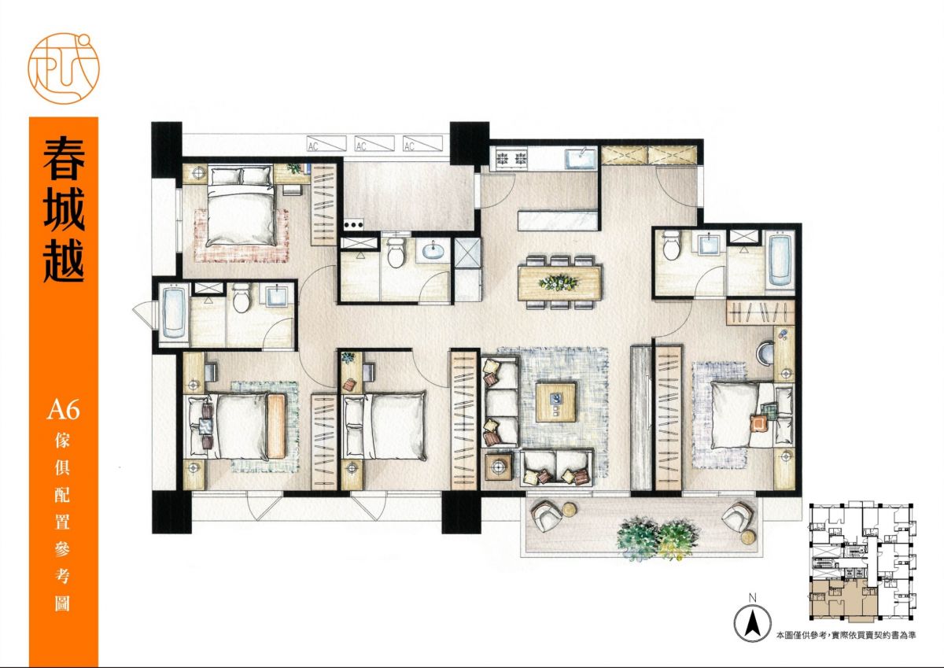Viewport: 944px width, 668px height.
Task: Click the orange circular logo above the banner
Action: click(x=64, y=68)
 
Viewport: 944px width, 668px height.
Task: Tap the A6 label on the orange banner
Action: click(x=63, y=409)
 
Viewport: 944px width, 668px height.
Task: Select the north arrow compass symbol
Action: click(x=752, y=624)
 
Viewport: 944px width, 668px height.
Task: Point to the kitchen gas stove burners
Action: click(x=511, y=158)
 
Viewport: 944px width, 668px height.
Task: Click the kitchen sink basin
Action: click(x=580, y=158)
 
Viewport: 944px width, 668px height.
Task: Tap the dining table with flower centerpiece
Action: click(x=560, y=282)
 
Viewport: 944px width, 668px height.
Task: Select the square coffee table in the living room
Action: click(x=556, y=402)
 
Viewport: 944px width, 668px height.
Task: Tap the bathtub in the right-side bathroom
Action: click(x=780, y=260)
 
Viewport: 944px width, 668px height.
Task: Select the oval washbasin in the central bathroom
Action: click(x=433, y=251)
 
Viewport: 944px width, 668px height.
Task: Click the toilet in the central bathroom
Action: click(x=396, y=252)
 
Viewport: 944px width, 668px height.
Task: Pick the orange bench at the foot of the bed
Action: click(x=276, y=426)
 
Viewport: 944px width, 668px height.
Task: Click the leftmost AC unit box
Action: click(x=326, y=143)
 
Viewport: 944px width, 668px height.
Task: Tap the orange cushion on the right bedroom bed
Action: click(x=759, y=423)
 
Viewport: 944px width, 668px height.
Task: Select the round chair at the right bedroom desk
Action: click(x=765, y=352)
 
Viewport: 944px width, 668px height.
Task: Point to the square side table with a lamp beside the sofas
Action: click(x=499, y=467)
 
